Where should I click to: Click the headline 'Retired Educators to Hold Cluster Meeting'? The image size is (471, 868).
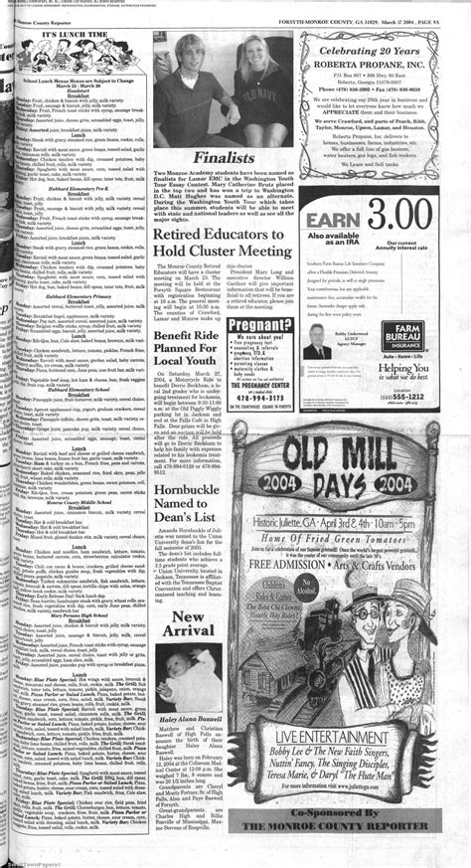[224, 243]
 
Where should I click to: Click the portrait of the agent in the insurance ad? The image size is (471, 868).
[320, 351]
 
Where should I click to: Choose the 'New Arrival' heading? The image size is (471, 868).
[184, 622]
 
